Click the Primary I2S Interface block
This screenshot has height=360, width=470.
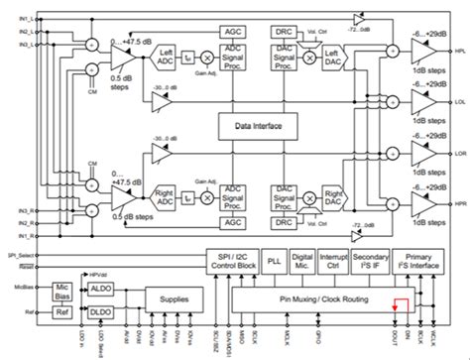coord(417,262)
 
